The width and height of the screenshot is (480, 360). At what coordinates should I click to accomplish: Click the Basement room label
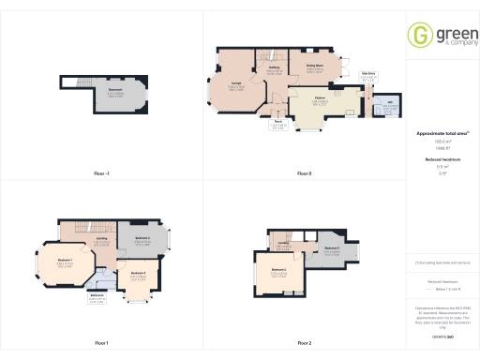point(115,92)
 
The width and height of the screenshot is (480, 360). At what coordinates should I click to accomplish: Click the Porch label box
point(278,122)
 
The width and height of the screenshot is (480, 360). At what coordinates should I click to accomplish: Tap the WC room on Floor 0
point(389,107)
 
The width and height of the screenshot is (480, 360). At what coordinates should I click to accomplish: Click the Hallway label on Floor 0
point(276,69)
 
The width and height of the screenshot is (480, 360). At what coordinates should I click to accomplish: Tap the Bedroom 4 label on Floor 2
point(279,271)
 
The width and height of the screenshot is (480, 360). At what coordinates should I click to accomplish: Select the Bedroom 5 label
point(330,249)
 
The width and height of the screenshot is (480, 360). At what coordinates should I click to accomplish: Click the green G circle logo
point(418,35)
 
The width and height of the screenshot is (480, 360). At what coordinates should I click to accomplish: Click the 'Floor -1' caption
point(102,174)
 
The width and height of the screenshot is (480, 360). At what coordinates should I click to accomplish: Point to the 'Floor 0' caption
point(304,174)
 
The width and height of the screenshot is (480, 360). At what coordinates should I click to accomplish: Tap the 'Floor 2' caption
point(304,342)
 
